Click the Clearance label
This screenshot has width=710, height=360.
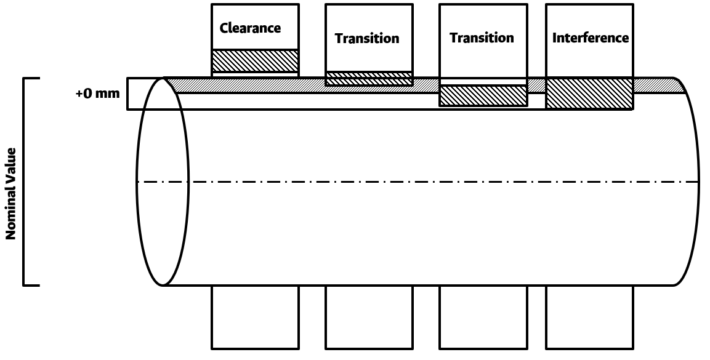[250, 28]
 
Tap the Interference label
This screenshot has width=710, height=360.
[590, 38]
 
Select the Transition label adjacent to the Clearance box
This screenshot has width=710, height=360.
[367, 38]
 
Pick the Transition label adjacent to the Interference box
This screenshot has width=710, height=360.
[482, 38]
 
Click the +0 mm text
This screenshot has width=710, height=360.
[97, 95]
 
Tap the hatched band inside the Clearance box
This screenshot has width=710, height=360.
[256, 61]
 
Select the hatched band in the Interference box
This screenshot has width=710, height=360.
[589, 94]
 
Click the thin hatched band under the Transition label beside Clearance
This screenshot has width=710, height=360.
[369, 79]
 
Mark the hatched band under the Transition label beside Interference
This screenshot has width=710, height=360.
[483, 95]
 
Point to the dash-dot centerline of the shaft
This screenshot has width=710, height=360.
[431, 182]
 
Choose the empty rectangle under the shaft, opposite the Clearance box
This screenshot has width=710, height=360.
[255, 316]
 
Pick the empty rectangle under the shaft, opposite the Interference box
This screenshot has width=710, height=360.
[589, 316]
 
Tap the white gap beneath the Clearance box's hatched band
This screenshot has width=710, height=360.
[256, 74]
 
